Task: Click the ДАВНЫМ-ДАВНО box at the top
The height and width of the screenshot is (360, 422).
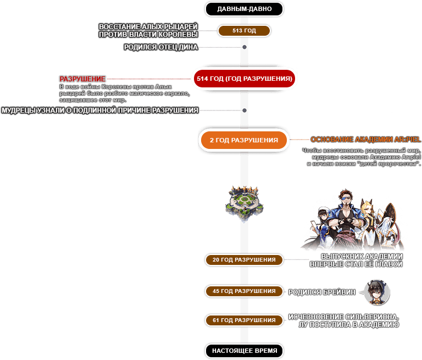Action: pyautogui.click(x=244, y=9)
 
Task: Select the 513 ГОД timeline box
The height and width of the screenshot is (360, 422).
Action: pyautogui.click(x=244, y=31)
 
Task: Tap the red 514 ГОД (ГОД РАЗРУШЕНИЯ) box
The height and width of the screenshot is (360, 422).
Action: pyautogui.click(x=244, y=79)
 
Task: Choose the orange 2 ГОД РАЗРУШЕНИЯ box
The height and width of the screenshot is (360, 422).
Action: pyautogui.click(x=244, y=140)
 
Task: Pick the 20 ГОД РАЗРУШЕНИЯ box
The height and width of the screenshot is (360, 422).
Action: pyautogui.click(x=244, y=259)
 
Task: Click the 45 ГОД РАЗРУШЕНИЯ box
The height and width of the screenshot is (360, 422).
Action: pyautogui.click(x=244, y=291)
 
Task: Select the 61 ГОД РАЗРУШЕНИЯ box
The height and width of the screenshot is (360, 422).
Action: pyautogui.click(x=244, y=320)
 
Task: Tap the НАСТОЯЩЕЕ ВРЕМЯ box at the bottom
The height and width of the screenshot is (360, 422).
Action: pyautogui.click(x=244, y=350)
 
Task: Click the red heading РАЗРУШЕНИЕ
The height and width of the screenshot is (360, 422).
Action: pyautogui.click(x=82, y=79)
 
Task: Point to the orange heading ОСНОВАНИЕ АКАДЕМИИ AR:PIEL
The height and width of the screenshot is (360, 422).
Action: pyautogui.click(x=366, y=140)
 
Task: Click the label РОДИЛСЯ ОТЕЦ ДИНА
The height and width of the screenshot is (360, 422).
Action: pyautogui.click(x=160, y=47)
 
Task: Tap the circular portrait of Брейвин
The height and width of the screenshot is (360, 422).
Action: pyautogui.click(x=377, y=292)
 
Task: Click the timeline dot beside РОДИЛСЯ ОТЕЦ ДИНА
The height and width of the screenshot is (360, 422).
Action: pyautogui.click(x=245, y=47)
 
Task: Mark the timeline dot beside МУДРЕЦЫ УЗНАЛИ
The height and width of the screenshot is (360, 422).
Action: pyautogui.click(x=245, y=110)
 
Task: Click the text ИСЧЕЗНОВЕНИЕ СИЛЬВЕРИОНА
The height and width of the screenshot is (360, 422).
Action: pyautogui.click(x=343, y=317)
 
